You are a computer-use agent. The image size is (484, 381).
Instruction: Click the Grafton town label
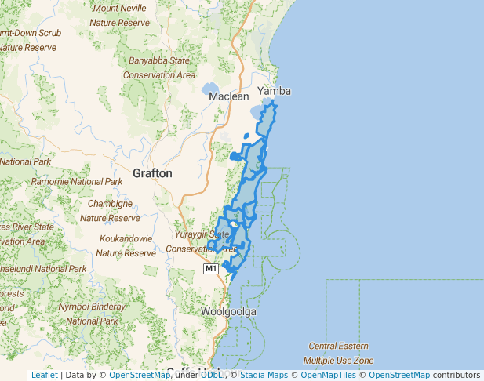point(153,172)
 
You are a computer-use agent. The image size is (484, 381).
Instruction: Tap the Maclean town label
point(229,96)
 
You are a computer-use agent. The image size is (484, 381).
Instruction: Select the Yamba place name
point(274,91)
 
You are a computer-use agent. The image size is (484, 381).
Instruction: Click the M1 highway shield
point(210,269)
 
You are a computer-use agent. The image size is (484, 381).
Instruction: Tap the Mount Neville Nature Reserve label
point(119,16)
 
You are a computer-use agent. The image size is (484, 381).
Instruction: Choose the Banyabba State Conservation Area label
point(159,67)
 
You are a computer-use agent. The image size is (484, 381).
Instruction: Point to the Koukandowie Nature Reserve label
point(126,245)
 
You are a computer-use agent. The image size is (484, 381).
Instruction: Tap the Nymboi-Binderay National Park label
point(92,313)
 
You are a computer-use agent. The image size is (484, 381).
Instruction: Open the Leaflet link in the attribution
point(44,375)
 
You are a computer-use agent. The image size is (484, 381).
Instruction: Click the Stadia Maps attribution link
point(264,375)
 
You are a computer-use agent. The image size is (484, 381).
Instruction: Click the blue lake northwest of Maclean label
point(210,89)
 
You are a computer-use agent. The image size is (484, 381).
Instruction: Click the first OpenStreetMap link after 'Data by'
point(140,375)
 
